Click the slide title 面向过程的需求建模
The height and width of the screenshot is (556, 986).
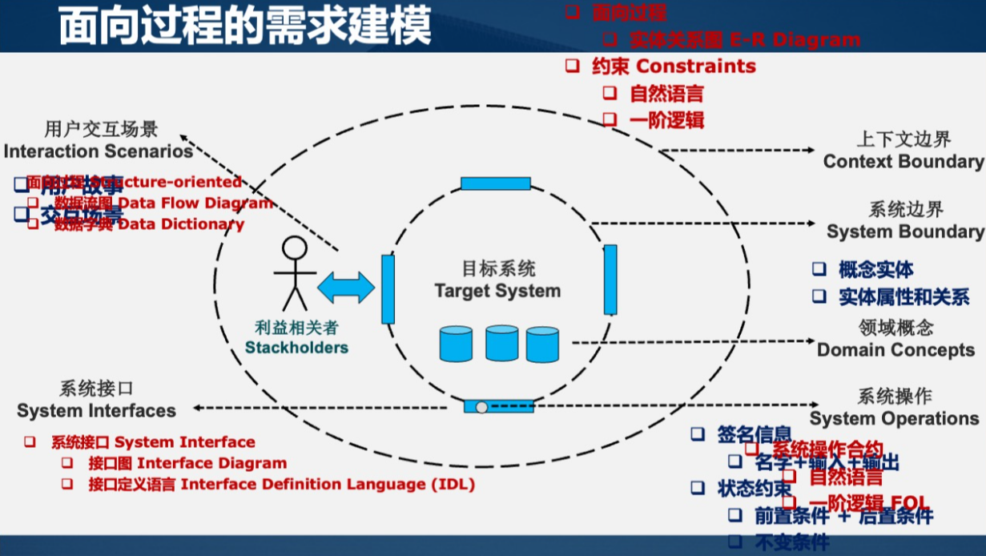pyautogui.click(x=245, y=26)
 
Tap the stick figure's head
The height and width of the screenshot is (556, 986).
pyautogui.click(x=294, y=248)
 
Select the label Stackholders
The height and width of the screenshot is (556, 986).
pyautogui.click(x=296, y=348)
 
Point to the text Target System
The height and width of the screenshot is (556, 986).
pyautogui.click(x=497, y=291)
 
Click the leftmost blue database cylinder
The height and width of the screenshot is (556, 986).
pyautogui.click(x=456, y=343)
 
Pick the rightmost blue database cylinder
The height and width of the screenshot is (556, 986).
pyautogui.click(x=542, y=344)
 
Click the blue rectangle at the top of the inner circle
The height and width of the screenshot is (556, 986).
pyautogui.click(x=495, y=183)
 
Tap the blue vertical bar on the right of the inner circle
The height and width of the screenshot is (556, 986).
pyautogui.click(x=610, y=280)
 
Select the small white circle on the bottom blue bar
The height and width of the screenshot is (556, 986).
pyautogui.click(x=481, y=407)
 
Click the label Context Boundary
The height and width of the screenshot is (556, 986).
pyautogui.click(x=903, y=161)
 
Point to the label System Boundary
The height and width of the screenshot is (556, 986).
pyautogui.click(x=905, y=232)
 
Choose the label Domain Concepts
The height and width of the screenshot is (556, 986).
pyautogui.click(x=895, y=350)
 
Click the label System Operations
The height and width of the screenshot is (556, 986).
pyautogui.click(x=894, y=418)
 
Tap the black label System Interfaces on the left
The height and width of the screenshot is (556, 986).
pyautogui.click(x=96, y=410)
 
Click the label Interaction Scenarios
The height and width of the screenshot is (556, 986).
pyautogui.click(x=99, y=151)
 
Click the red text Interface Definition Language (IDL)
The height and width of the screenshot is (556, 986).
pyautogui.click(x=328, y=484)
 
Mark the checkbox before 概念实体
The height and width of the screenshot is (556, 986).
pyautogui.click(x=819, y=268)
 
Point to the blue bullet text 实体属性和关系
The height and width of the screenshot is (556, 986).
pyautogui.click(x=903, y=297)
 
